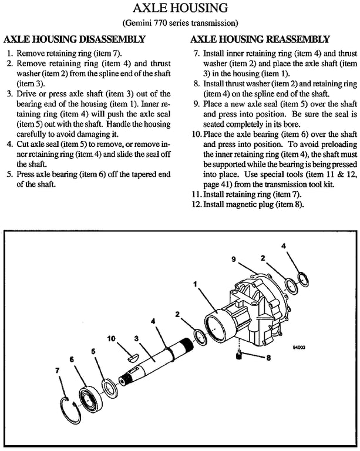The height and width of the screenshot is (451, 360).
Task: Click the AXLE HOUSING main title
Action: [180, 9]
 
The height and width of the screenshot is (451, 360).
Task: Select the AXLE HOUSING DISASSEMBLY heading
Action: [75, 40]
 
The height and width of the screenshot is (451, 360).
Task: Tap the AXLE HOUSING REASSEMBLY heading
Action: [261, 40]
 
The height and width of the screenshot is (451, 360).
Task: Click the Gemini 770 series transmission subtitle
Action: [180, 23]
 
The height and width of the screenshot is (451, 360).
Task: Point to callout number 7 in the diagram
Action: [57, 371]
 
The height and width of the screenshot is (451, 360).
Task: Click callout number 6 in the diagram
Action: [72, 359]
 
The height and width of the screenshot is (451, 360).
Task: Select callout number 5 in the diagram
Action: [93, 351]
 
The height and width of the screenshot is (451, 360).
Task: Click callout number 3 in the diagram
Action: [136, 338]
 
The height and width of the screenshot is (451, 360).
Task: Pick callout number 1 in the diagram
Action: [194, 283]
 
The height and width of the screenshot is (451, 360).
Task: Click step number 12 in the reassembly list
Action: [197, 204]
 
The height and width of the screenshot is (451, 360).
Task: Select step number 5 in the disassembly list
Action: [9, 174]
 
